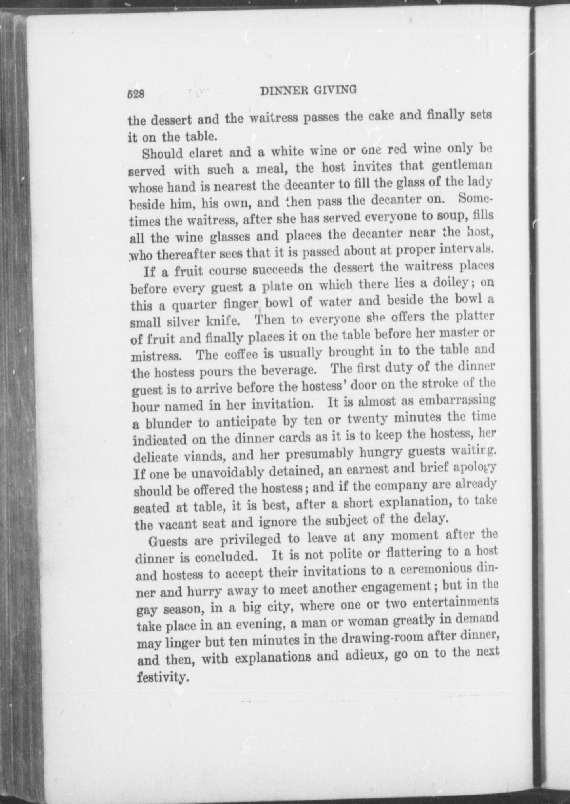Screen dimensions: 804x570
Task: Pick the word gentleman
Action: click(462, 164)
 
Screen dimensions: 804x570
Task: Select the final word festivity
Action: click(161, 678)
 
